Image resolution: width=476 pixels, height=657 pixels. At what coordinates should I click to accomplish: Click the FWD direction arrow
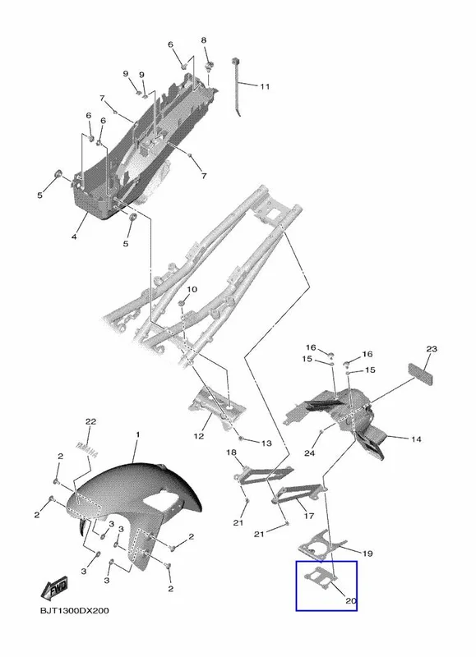coord(54,589)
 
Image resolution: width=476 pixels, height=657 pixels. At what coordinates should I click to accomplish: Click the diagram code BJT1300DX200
coord(74,610)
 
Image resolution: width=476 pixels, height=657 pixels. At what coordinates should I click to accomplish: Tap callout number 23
coord(432,348)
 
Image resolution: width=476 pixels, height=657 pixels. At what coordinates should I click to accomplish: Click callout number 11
coord(264,87)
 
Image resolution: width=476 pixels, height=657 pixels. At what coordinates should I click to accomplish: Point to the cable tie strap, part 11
coord(237,87)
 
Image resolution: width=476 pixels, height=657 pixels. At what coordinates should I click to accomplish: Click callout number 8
coord(204,40)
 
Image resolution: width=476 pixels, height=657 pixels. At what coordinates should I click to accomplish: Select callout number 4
coord(74,237)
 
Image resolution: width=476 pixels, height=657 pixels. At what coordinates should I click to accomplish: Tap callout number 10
coord(192,289)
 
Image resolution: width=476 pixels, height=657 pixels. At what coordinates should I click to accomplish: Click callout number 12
coord(199,436)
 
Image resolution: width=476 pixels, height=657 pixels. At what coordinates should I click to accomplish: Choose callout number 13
coord(266,443)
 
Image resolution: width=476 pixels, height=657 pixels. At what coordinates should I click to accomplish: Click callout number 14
coord(416,439)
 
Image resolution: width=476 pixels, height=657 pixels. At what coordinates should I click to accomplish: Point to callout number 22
coord(90,421)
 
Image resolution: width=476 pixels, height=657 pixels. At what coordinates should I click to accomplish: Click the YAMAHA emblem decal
coord(86,450)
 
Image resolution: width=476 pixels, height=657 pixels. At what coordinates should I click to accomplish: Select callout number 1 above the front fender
coord(138,435)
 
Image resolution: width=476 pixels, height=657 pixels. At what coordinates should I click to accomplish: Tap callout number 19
coord(367,554)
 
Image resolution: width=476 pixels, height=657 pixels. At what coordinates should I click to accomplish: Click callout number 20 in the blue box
coord(350,600)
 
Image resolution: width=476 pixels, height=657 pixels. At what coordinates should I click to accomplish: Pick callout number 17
coord(308,516)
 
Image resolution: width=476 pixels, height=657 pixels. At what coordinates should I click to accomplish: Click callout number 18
coord(232,453)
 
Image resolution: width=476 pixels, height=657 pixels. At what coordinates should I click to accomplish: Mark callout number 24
coord(309,453)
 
